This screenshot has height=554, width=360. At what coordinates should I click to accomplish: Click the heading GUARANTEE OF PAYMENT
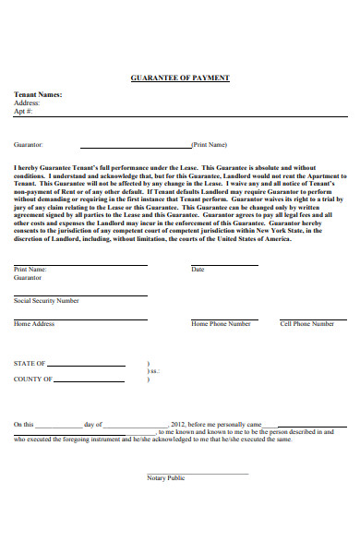[180, 78]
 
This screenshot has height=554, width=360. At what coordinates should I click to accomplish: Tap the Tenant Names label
[38, 95]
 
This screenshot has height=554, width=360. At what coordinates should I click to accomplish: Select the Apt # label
[24, 111]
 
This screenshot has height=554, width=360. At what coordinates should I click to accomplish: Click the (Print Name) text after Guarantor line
[210, 145]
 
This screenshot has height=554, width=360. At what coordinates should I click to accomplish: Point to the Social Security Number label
[46, 301]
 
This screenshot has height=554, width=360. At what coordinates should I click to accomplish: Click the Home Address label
[34, 324]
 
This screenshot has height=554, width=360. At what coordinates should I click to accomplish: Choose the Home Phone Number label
[221, 324]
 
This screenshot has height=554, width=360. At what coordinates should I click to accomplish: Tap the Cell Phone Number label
[307, 324]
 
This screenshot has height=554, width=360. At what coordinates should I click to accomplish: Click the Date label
[198, 270]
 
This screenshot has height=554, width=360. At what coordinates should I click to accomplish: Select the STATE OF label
[30, 364]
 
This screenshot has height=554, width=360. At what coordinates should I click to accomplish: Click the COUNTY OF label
[33, 379]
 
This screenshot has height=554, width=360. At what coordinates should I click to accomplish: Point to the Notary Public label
[166, 477]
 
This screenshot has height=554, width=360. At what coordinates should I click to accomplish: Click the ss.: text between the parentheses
[154, 371]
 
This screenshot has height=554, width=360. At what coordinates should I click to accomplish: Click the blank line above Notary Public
[198, 473]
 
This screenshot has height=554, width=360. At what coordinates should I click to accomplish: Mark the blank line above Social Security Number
[79, 295]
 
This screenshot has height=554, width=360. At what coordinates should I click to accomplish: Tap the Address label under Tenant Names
[27, 102]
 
